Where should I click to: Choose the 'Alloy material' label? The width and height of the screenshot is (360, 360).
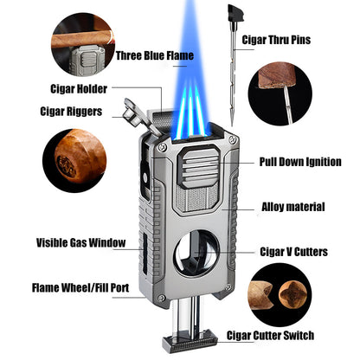tap(293, 207)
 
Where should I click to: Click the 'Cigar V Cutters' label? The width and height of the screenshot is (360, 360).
tap(293, 252)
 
